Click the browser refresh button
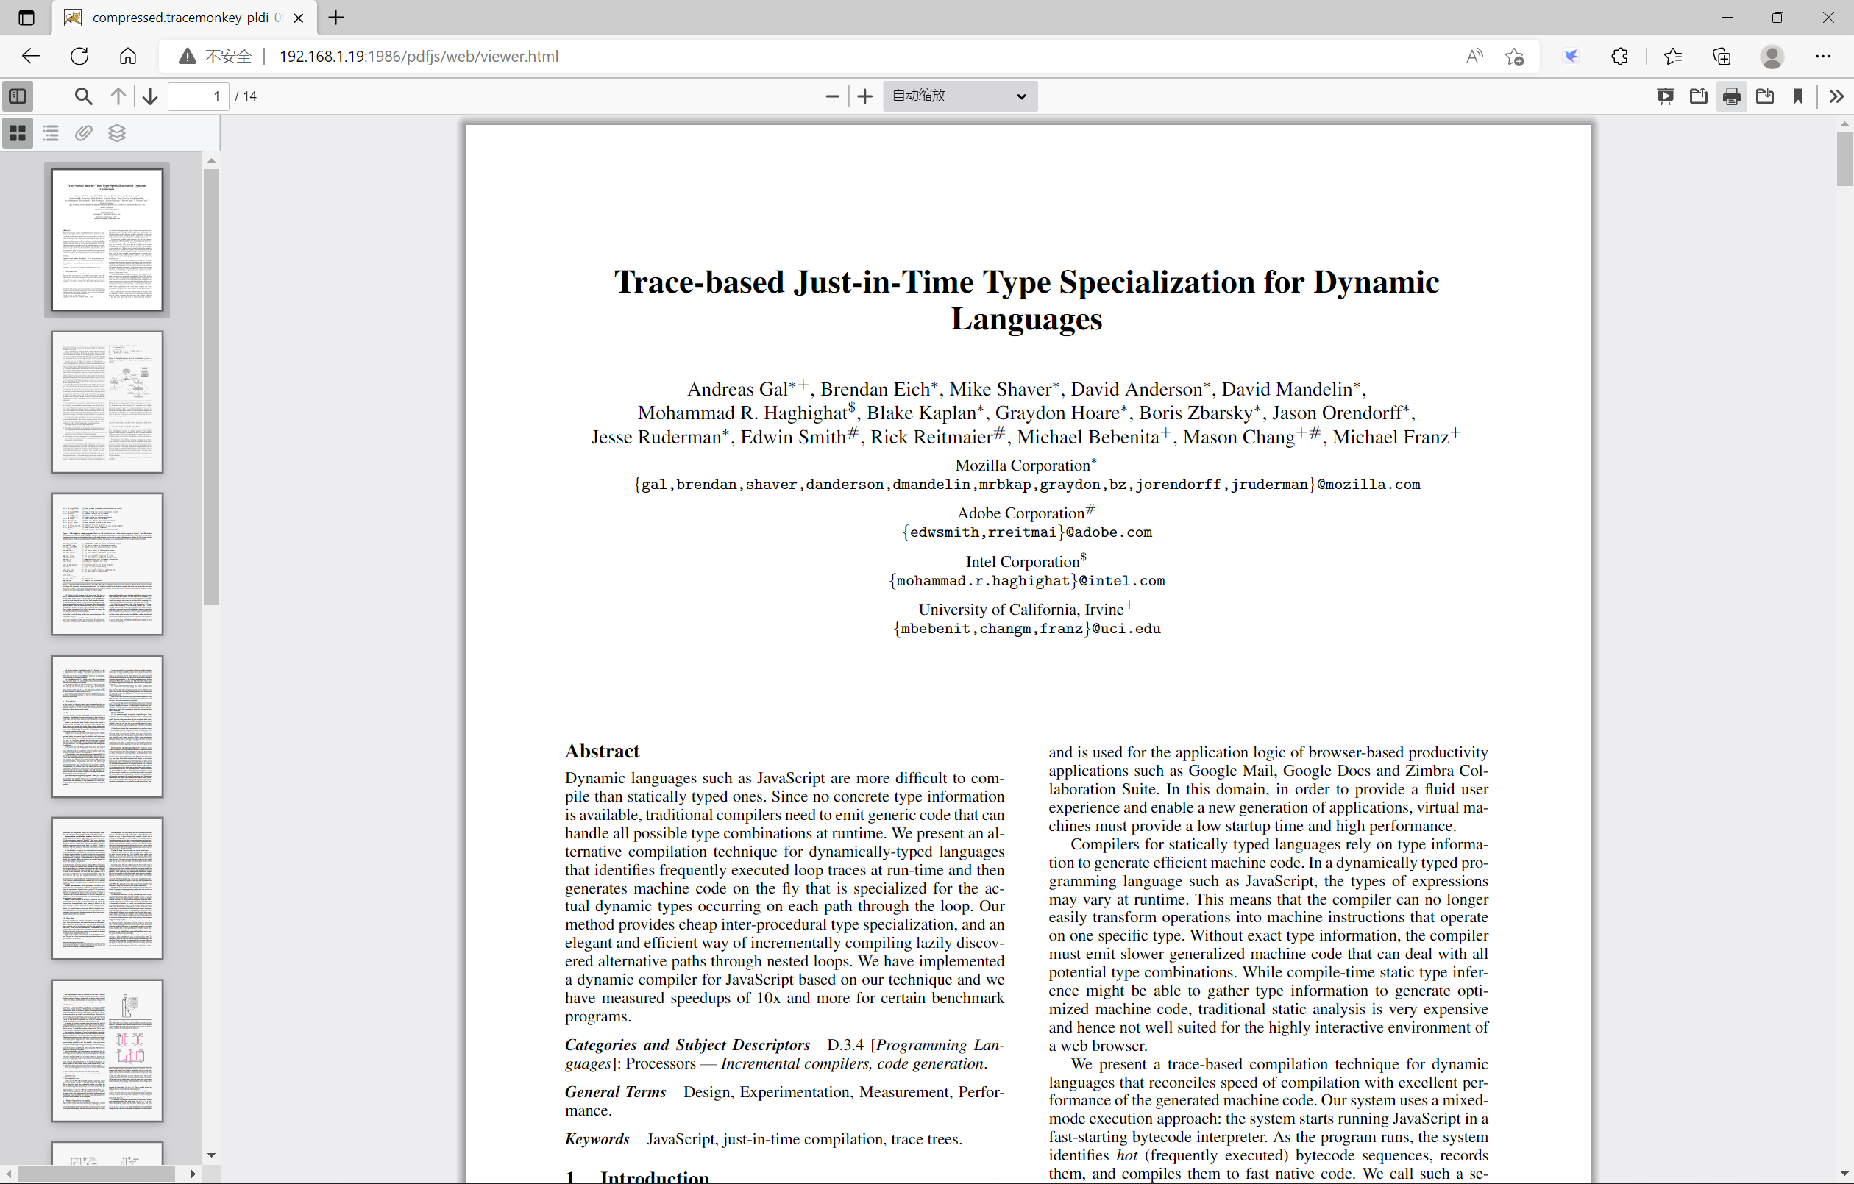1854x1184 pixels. [x=79, y=56]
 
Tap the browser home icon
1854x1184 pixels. [x=128, y=56]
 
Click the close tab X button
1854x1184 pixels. [x=299, y=18]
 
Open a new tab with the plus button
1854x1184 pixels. [x=336, y=18]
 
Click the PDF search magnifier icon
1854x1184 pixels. [x=83, y=96]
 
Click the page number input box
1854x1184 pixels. [x=199, y=96]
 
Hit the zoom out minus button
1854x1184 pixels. [x=831, y=96]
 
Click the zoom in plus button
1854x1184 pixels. [x=864, y=96]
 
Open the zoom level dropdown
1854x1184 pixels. [x=959, y=96]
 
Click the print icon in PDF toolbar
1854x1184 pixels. [x=1732, y=96]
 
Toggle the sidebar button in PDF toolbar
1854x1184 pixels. [x=18, y=96]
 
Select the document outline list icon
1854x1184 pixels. [x=51, y=133]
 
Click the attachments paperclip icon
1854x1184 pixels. [x=84, y=133]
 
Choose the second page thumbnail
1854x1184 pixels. [x=107, y=402]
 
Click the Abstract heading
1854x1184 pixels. [x=602, y=751]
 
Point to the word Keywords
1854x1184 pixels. [x=597, y=1138]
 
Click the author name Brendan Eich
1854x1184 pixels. [x=875, y=390]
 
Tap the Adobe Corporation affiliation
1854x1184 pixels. [x=1021, y=513]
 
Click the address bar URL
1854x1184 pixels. [x=419, y=56]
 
